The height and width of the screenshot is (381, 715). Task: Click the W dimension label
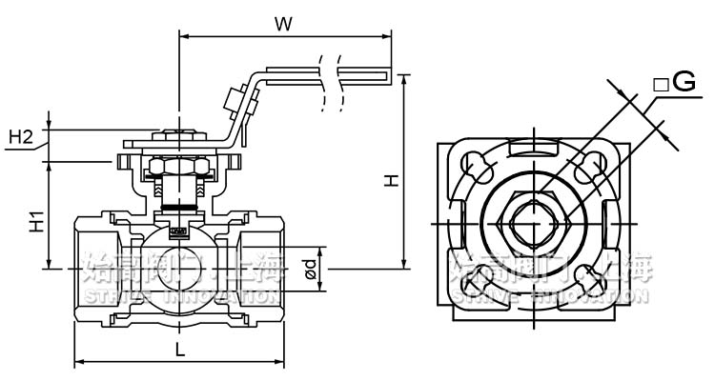click(282, 23)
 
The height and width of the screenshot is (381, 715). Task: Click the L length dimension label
click(180, 349)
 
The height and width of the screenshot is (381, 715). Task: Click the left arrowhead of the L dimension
click(78, 362)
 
